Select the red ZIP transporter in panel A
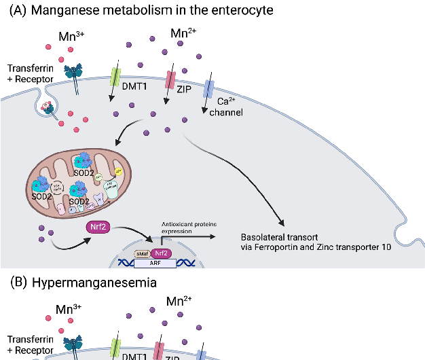[x=170, y=76]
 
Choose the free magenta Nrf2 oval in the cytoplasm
[x=98, y=227]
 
